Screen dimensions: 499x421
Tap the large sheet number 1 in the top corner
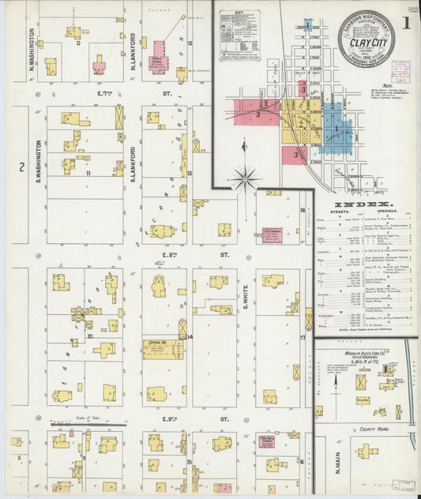click(x=404, y=23)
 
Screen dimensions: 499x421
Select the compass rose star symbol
click(x=246, y=178)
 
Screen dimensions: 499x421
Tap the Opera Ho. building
click(x=163, y=348)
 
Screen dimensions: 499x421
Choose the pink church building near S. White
click(x=272, y=234)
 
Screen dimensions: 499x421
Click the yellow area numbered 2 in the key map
click(x=301, y=122)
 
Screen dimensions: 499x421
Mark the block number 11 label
click(x=88, y=173)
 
